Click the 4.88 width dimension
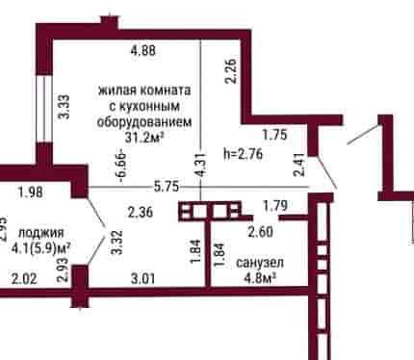click(143, 50)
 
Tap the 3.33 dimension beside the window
click(65, 106)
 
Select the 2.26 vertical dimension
click(231, 70)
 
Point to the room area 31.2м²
click(144, 138)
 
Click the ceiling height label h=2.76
click(243, 154)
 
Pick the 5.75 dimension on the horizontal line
click(166, 187)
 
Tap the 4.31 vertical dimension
click(201, 165)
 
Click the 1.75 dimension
click(274, 135)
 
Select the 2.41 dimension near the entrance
click(298, 165)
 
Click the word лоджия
click(41, 233)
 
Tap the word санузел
click(260, 263)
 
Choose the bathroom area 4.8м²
click(260, 278)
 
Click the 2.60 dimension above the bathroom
click(260, 231)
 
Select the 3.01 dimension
click(143, 278)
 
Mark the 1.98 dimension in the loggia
click(31, 193)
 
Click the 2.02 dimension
click(24, 278)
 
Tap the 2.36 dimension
click(141, 212)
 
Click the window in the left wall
click(43, 108)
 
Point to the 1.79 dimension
click(275, 206)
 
